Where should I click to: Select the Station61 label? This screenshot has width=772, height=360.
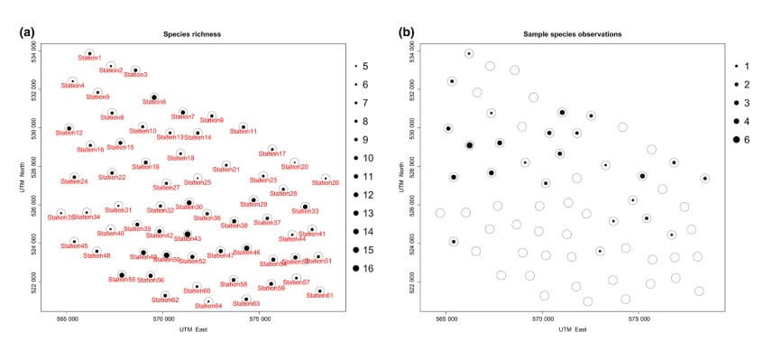[322, 296]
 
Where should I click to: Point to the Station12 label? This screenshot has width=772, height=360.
[69, 134]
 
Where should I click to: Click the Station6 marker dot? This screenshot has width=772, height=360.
[154, 97]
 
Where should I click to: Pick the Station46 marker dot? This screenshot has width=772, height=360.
[246, 248]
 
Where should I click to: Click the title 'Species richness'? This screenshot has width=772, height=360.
[191, 34]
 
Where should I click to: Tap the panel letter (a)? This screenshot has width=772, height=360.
[27, 32]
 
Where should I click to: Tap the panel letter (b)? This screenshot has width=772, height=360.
[407, 32]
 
